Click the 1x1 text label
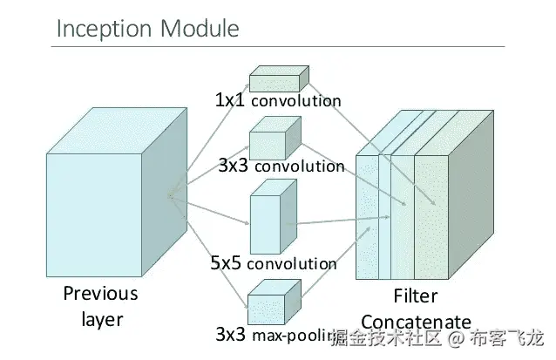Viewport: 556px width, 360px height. point(230,100)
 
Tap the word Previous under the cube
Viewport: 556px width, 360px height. point(100,294)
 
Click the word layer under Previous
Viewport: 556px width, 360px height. point(102,320)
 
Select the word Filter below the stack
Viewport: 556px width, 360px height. point(415,295)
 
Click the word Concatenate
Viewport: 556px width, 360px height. point(416,322)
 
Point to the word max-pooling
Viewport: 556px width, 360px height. point(293,335)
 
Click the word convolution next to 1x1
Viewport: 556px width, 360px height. point(296,101)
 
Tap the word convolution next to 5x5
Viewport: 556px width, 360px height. point(292,263)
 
